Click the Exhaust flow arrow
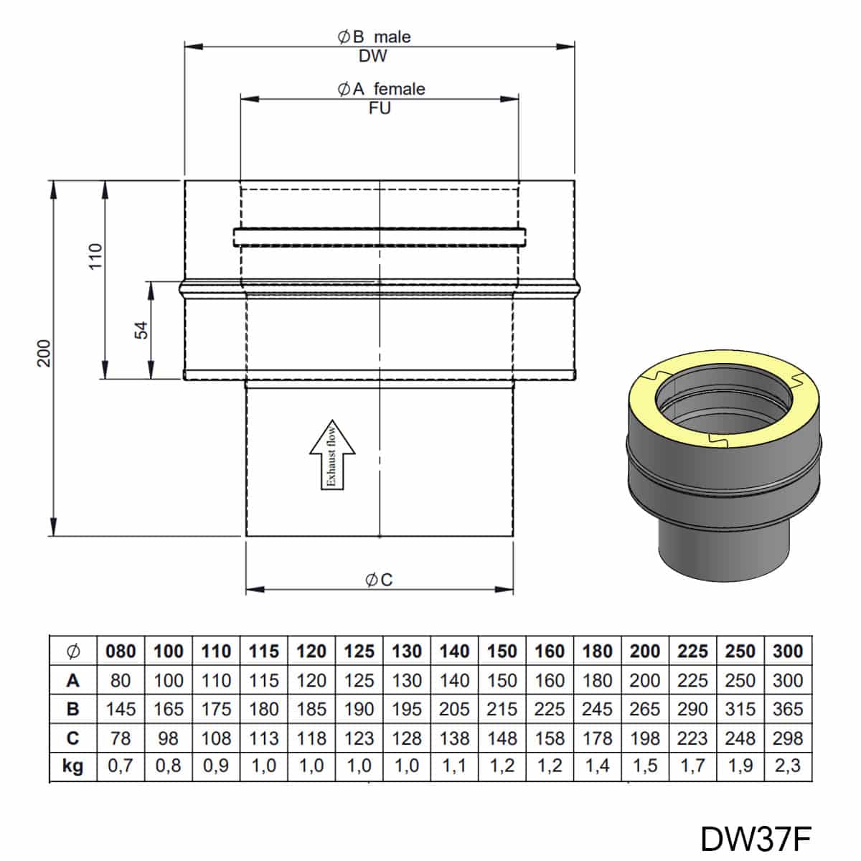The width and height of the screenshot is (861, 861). click(332, 454)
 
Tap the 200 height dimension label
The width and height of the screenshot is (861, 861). click(44, 353)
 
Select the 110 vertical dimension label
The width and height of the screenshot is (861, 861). click(95, 256)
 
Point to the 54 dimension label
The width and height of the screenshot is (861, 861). click(141, 330)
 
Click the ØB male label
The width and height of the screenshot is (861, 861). click(374, 37)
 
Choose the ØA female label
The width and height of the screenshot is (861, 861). click(381, 89)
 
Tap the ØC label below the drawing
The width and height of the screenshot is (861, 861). click(379, 580)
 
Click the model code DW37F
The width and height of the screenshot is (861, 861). click(756, 839)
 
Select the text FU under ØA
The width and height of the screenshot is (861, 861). click(380, 108)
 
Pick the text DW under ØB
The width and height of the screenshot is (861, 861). click(373, 56)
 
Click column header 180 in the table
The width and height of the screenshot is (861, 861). click(598, 651)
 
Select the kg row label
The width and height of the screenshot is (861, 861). click(72, 766)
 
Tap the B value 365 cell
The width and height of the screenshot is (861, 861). click(788, 709)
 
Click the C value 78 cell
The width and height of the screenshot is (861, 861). click(121, 738)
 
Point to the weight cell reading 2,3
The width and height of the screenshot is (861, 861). click(788, 766)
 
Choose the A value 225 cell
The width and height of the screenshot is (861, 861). click(692, 680)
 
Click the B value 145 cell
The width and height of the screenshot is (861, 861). click(121, 709)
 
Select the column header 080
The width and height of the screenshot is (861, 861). click(121, 651)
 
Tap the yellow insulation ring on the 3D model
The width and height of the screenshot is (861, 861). click(644, 402)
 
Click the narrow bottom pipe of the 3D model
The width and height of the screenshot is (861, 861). click(724, 554)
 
